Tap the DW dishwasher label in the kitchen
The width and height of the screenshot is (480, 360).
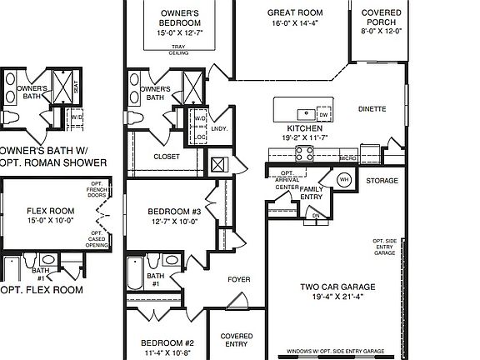[x=323, y=116]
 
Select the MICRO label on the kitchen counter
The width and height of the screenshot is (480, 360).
[x=348, y=157]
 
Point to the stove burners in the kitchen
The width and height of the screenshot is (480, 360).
[x=305, y=152]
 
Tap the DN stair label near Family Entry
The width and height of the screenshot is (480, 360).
[x=316, y=215]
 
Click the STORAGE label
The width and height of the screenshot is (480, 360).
[x=382, y=180]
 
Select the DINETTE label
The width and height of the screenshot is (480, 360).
[x=372, y=108]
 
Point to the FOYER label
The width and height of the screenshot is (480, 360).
[x=239, y=279]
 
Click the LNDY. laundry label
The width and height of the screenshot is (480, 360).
[x=220, y=129]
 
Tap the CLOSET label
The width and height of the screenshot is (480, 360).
[x=167, y=156]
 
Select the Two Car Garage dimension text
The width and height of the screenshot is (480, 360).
[x=337, y=297]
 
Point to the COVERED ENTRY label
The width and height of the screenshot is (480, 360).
[x=236, y=340]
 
